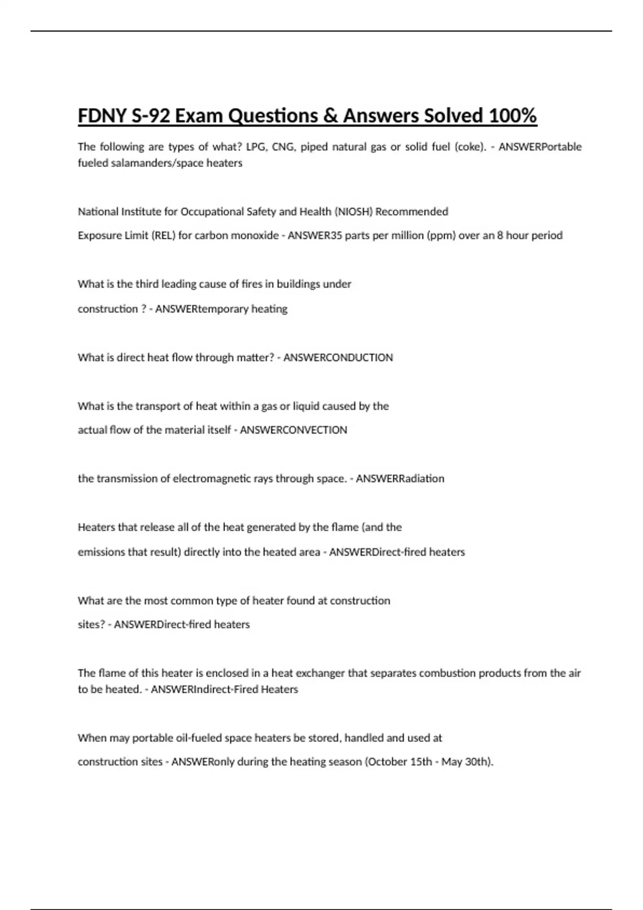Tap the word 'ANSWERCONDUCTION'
pos(338,358)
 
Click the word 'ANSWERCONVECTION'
pos(293,430)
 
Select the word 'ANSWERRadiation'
pos(400,479)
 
